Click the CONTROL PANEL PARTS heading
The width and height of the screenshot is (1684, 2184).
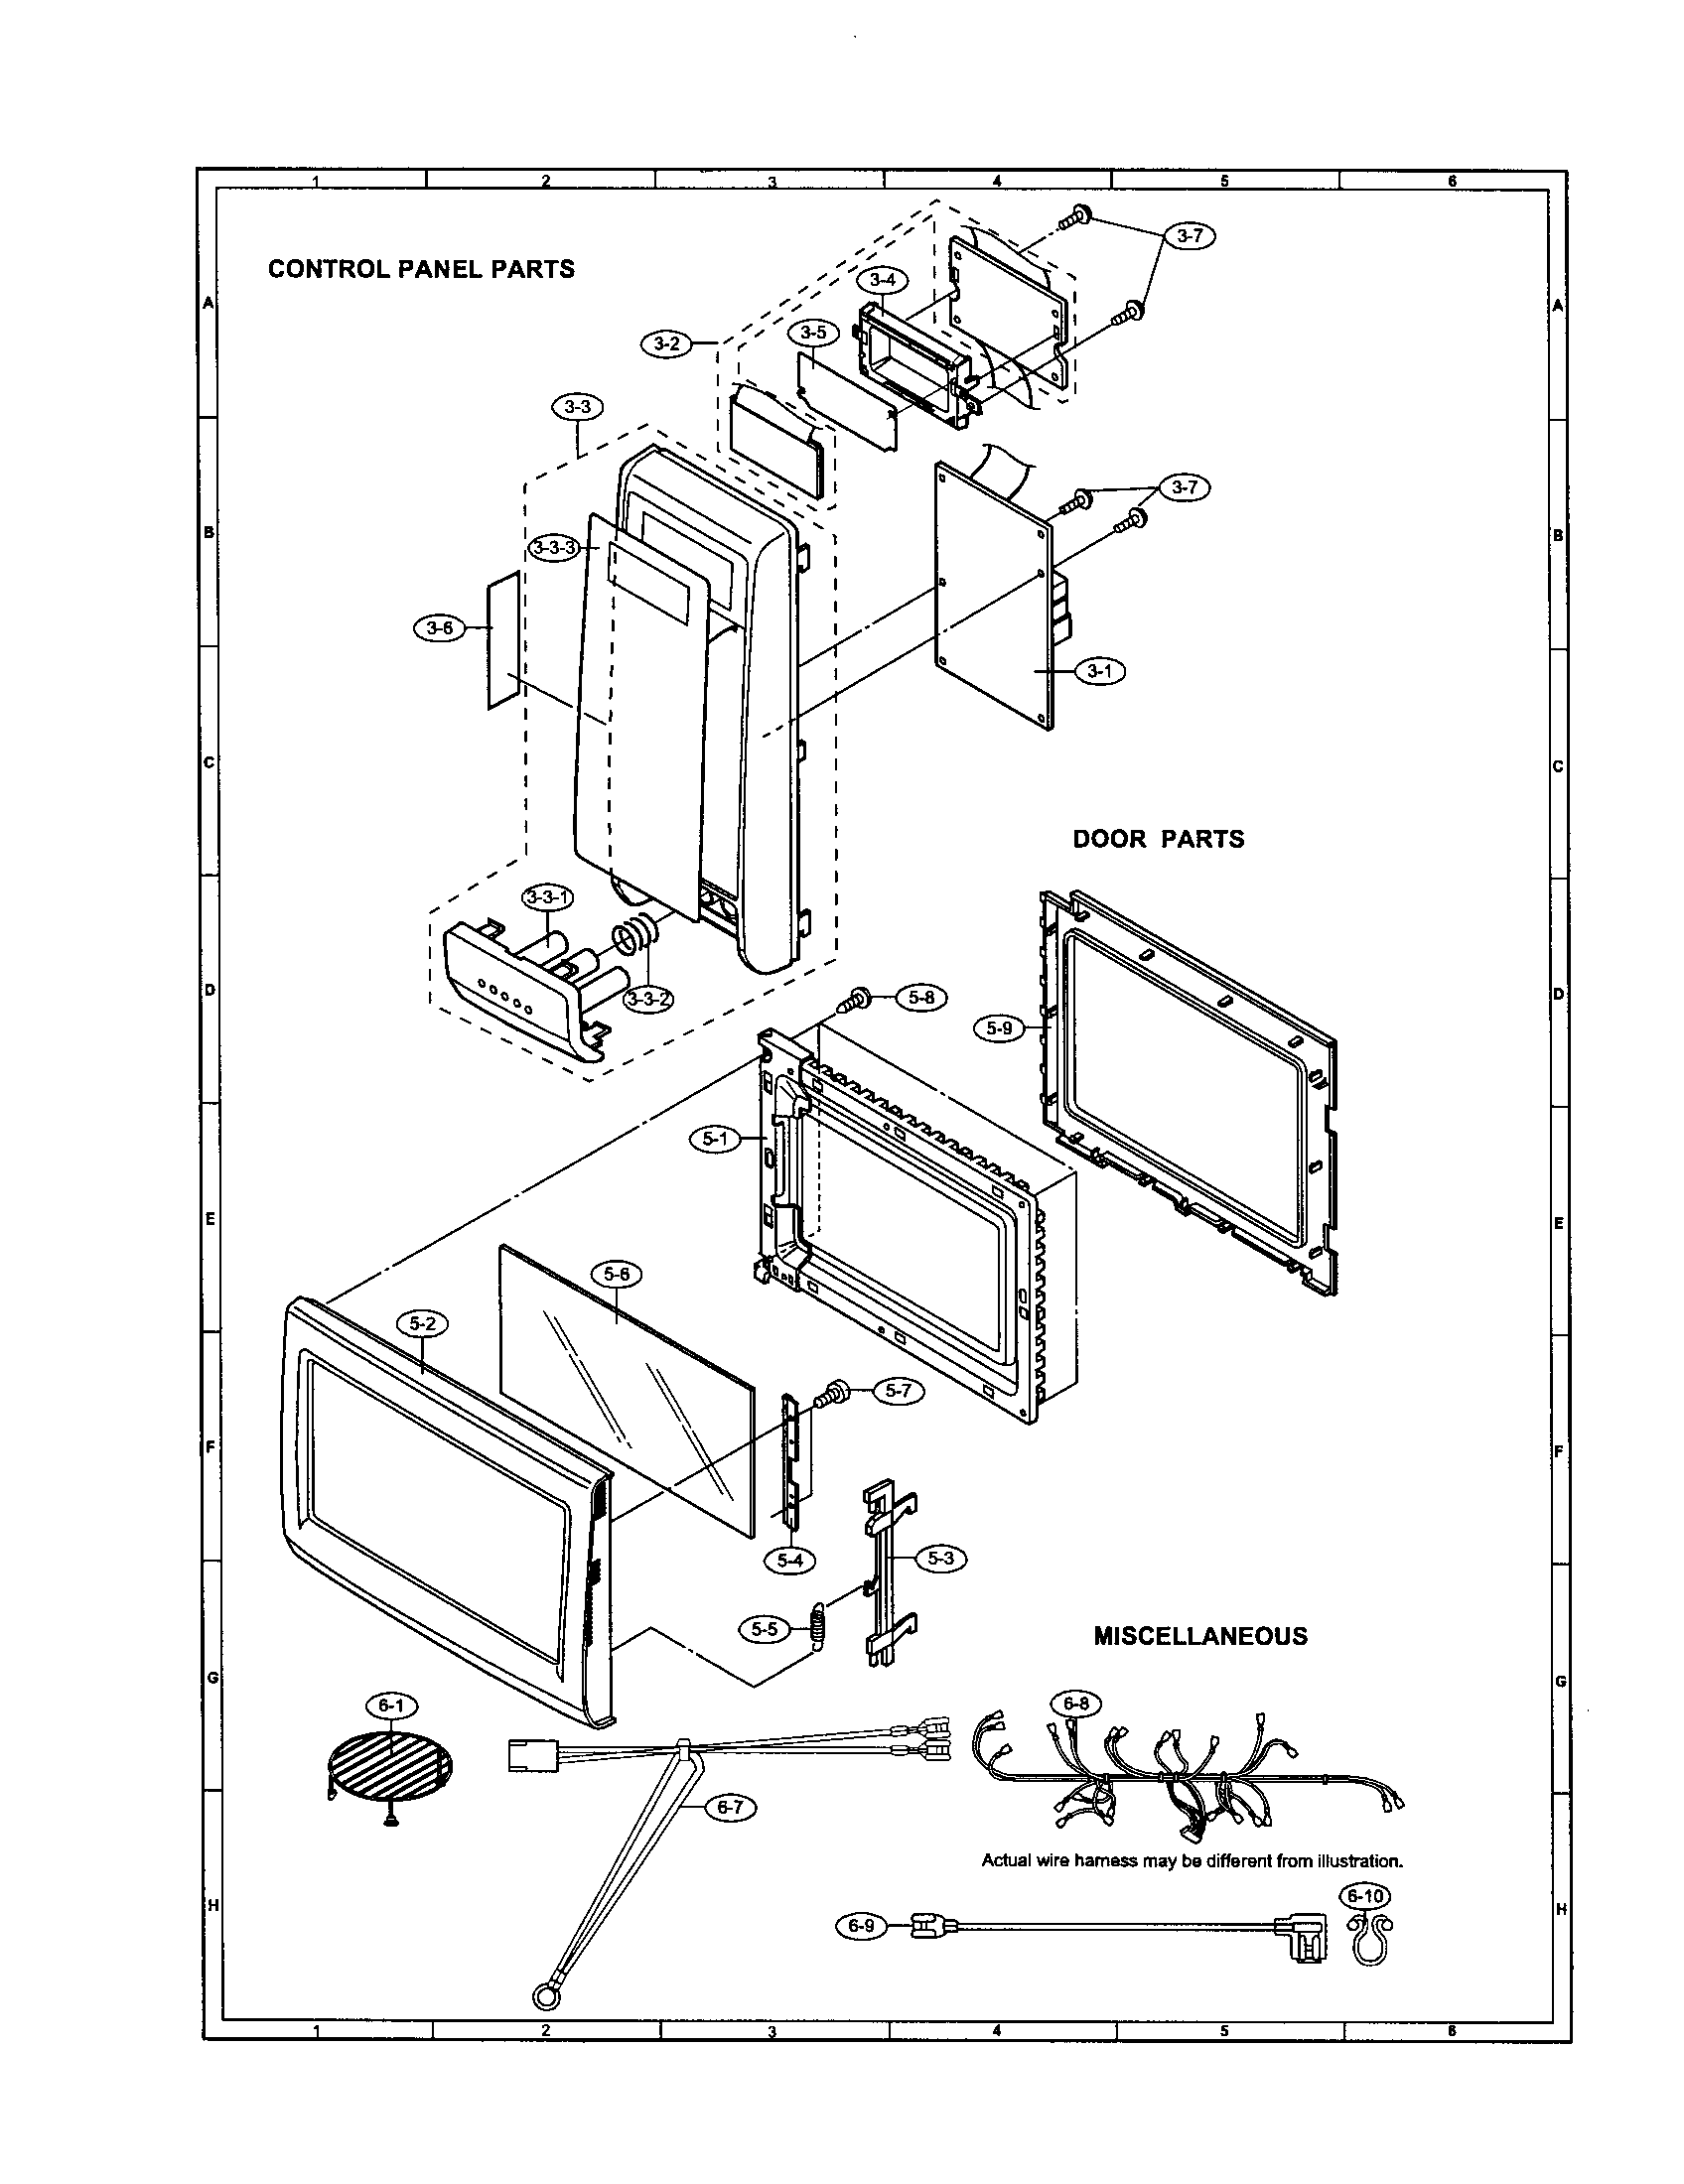click(x=421, y=269)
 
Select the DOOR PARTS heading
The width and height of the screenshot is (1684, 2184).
click(x=1158, y=839)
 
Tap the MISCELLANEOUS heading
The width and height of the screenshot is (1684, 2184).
click(x=1200, y=1636)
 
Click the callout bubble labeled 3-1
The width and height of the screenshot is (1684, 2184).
click(x=1099, y=671)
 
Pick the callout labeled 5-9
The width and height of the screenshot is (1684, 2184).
click(x=999, y=1027)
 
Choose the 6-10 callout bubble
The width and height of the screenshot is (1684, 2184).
click(x=1366, y=1896)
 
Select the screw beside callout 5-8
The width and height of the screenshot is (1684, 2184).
click(x=857, y=997)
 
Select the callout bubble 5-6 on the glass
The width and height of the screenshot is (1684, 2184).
click(x=617, y=1274)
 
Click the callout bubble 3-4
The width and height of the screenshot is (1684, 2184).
click(x=882, y=280)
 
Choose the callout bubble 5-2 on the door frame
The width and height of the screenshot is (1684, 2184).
click(x=423, y=1323)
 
